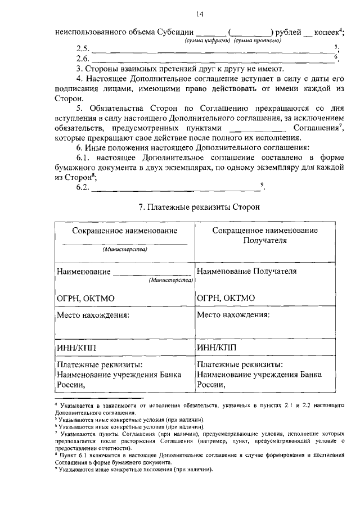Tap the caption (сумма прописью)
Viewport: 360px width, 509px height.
[256, 41]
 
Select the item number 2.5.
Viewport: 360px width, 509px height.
[83, 49]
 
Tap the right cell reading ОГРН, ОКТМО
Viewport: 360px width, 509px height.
[226, 298]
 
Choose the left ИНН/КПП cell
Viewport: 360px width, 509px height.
[76, 347]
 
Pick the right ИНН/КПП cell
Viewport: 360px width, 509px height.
[217, 347]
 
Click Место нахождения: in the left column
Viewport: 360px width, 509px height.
[93, 314]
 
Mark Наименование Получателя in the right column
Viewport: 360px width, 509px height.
[246, 271]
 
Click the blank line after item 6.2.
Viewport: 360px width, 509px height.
[174, 188]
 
